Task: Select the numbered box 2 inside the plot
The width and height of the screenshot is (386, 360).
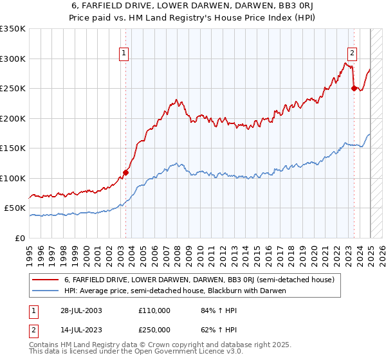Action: pos(353,53)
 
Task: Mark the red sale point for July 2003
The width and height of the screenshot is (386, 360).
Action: pos(126,172)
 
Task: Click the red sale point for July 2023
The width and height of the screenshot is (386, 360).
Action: pos(354,89)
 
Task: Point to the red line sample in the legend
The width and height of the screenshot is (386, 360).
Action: pos(46,280)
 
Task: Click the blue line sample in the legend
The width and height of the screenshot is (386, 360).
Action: pos(46,291)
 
